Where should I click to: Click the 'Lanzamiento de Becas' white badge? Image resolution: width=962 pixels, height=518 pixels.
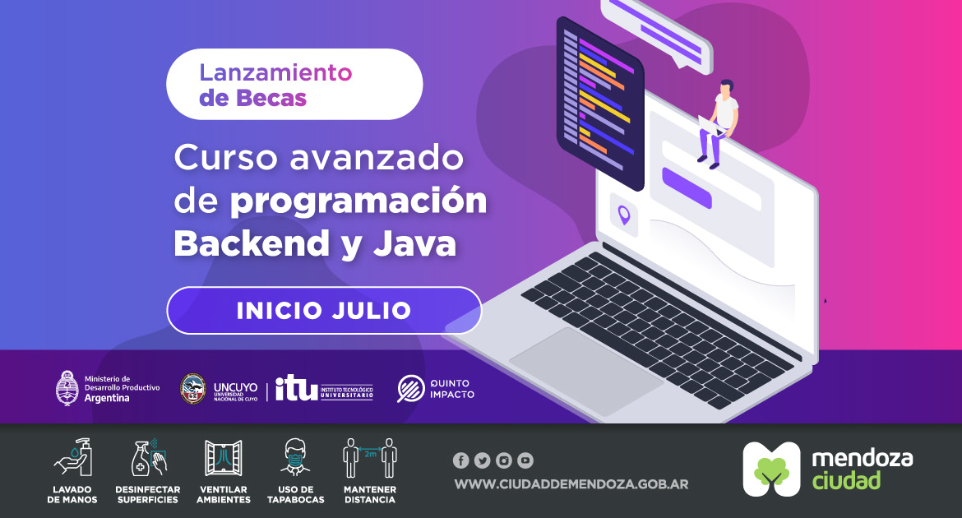pyautogui.click(x=294, y=85)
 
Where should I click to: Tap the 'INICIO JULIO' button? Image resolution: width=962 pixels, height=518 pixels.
pyautogui.click(x=324, y=311)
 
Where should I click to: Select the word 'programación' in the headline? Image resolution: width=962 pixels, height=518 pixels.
pyautogui.click(x=358, y=201)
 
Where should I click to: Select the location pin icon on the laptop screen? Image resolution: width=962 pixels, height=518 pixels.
pyautogui.click(x=624, y=215)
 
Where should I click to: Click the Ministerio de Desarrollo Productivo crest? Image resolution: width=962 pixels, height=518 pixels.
pyautogui.click(x=67, y=388)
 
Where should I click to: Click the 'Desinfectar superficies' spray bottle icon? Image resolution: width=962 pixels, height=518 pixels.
pyautogui.click(x=149, y=458)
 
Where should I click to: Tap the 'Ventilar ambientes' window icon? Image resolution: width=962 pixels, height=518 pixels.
pyautogui.click(x=224, y=458)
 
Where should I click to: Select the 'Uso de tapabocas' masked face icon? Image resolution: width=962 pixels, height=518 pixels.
pyautogui.click(x=295, y=458)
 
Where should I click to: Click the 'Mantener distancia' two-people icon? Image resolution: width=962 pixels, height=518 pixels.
pyautogui.click(x=369, y=458)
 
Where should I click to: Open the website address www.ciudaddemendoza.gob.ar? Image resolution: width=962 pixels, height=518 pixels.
pyautogui.click(x=571, y=483)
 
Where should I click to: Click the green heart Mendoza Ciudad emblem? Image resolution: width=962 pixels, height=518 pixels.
pyautogui.click(x=770, y=469)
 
